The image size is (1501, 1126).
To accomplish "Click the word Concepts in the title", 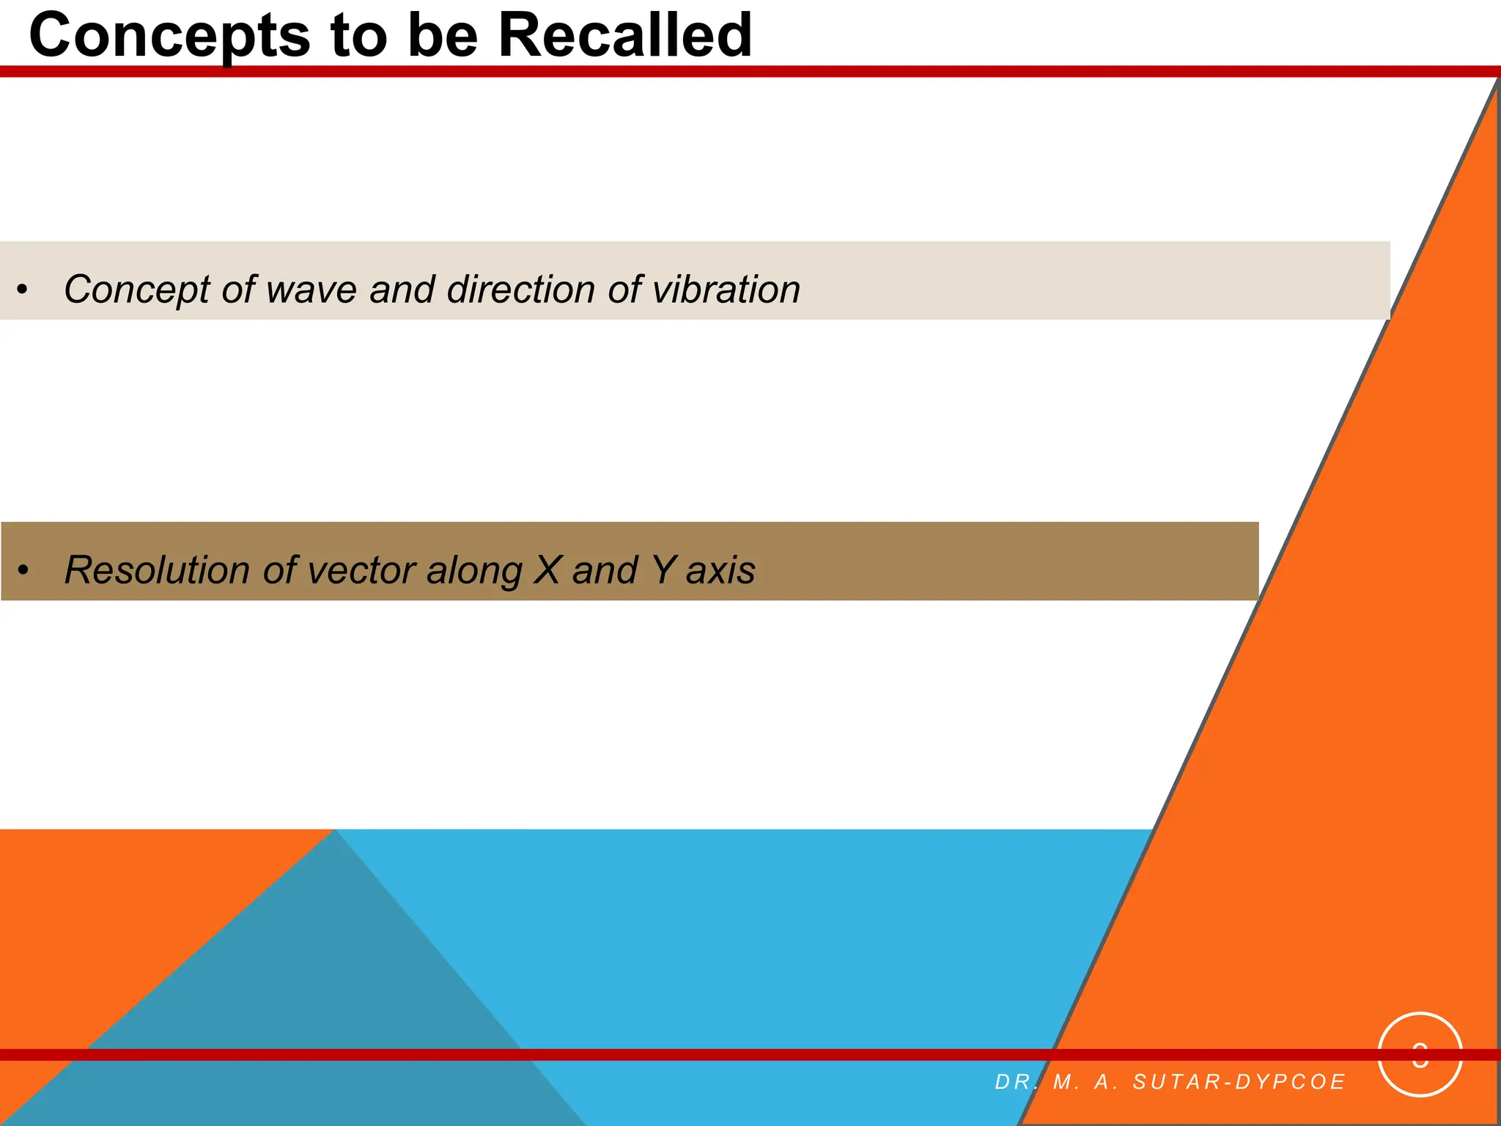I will (169, 37).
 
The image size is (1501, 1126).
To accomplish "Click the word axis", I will (720, 570).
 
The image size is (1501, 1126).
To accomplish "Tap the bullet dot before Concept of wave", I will (23, 290).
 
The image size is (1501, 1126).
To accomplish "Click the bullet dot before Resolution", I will (23, 570).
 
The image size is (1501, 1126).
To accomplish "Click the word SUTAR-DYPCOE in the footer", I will (1239, 1082).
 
